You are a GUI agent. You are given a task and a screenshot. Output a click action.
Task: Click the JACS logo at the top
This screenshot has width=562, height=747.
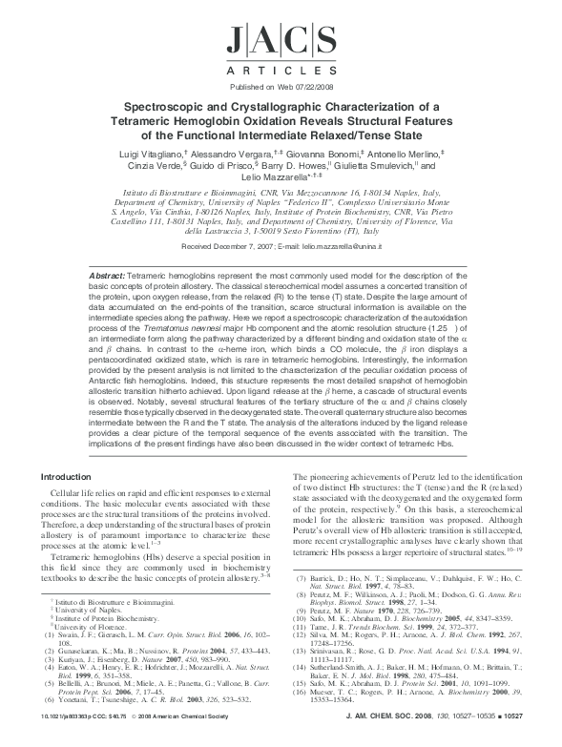click(x=281, y=44)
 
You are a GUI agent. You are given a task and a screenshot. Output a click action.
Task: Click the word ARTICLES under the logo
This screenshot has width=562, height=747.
click(x=281, y=73)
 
